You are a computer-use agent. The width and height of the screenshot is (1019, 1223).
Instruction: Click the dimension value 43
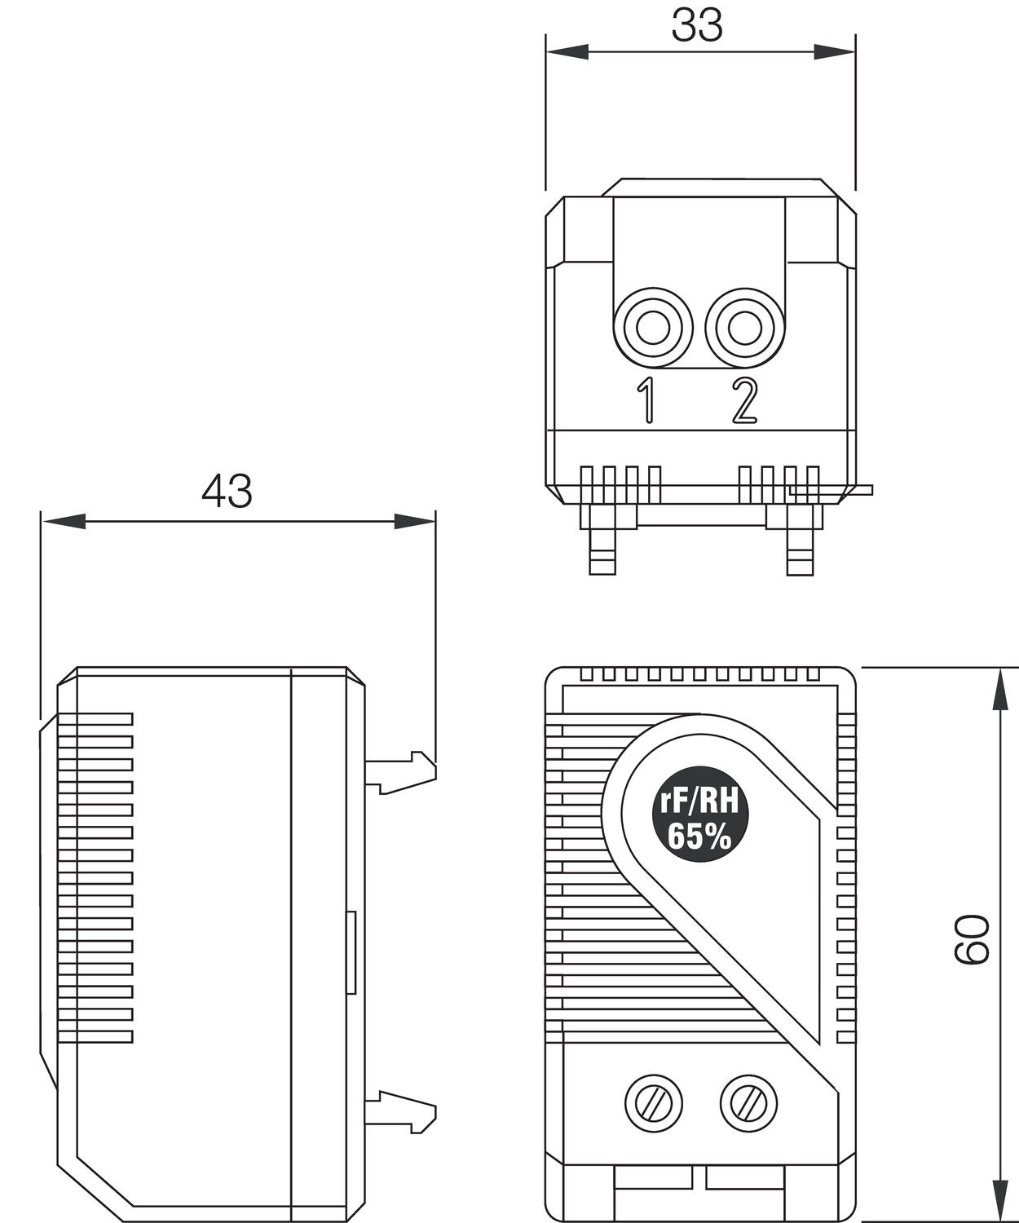(x=227, y=492)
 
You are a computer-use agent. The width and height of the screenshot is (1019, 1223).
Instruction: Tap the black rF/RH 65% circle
(x=698, y=825)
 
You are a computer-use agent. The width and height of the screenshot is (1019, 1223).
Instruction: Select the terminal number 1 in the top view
(x=646, y=400)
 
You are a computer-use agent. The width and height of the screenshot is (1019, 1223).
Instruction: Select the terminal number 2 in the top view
(x=743, y=400)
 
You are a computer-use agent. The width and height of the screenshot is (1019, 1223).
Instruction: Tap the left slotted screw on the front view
(x=653, y=1105)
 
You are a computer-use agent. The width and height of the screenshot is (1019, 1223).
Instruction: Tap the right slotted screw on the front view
(x=748, y=1105)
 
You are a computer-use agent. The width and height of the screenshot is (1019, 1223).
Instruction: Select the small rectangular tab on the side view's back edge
(x=351, y=952)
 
